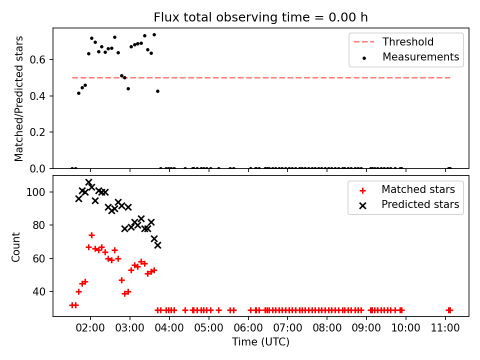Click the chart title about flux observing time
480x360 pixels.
pos(260,17)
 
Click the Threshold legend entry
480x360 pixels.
pos(393,41)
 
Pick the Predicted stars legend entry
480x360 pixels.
pos(409,204)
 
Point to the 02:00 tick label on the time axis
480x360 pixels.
pos(90,328)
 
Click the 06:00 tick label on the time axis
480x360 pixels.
pos(248,328)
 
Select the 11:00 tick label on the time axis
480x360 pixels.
pos(445,328)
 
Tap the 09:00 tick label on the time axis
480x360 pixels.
pos(366,328)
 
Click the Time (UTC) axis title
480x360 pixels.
pos(260,342)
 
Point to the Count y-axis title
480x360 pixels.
pos(15,247)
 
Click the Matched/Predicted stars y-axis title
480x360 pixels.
pos(18,98)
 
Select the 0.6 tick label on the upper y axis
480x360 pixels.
pos(37,59)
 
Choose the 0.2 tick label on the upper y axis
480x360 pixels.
pos(37,132)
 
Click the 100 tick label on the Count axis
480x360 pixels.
pos(35,192)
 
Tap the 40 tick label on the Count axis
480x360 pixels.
pos(39,291)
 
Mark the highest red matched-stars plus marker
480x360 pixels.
pos(91,235)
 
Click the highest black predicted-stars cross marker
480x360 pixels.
pos(89,182)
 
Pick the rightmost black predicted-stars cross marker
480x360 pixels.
pos(157,245)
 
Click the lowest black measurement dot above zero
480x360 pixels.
pos(78,93)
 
